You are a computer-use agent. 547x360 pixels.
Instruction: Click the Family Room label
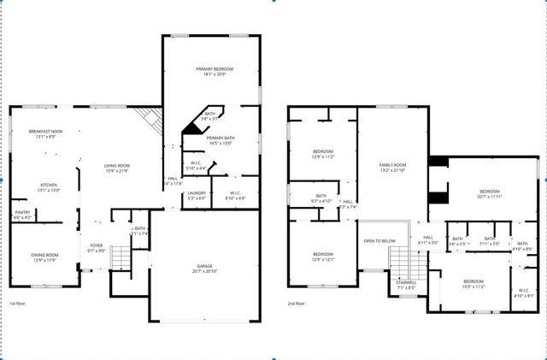pos(392,167)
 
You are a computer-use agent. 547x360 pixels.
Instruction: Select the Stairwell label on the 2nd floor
pos(405,285)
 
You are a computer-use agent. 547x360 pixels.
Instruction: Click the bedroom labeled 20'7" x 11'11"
pos(488,193)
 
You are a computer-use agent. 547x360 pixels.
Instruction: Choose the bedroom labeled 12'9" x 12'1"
pos(322,257)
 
